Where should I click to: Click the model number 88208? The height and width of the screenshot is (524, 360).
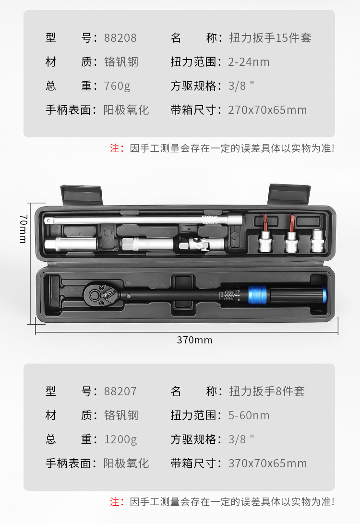tap(120, 38)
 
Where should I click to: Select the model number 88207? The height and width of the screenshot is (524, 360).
tap(120, 391)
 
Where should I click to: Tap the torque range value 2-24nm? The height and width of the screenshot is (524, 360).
tap(249, 62)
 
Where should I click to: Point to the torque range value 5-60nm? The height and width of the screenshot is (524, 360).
tap(249, 415)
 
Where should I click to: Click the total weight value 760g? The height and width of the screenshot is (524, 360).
tap(117, 86)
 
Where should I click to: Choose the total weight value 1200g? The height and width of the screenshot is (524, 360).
tap(120, 439)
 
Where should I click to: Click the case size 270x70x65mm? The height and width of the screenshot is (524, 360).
tap(267, 110)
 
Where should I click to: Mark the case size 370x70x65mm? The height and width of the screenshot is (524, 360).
tap(267, 463)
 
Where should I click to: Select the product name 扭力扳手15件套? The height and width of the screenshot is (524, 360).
tap(270, 38)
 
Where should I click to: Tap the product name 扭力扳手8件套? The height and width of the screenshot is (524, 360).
tap(267, 391)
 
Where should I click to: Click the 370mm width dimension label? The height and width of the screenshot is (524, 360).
tap(194, 340)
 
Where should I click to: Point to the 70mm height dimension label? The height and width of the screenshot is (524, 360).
tap(23, 229)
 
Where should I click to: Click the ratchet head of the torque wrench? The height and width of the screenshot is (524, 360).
tap(100, 294)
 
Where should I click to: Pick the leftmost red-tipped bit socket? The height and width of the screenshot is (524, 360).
tap(265, 239)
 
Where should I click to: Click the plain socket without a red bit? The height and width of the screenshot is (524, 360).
tap(318, 241)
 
